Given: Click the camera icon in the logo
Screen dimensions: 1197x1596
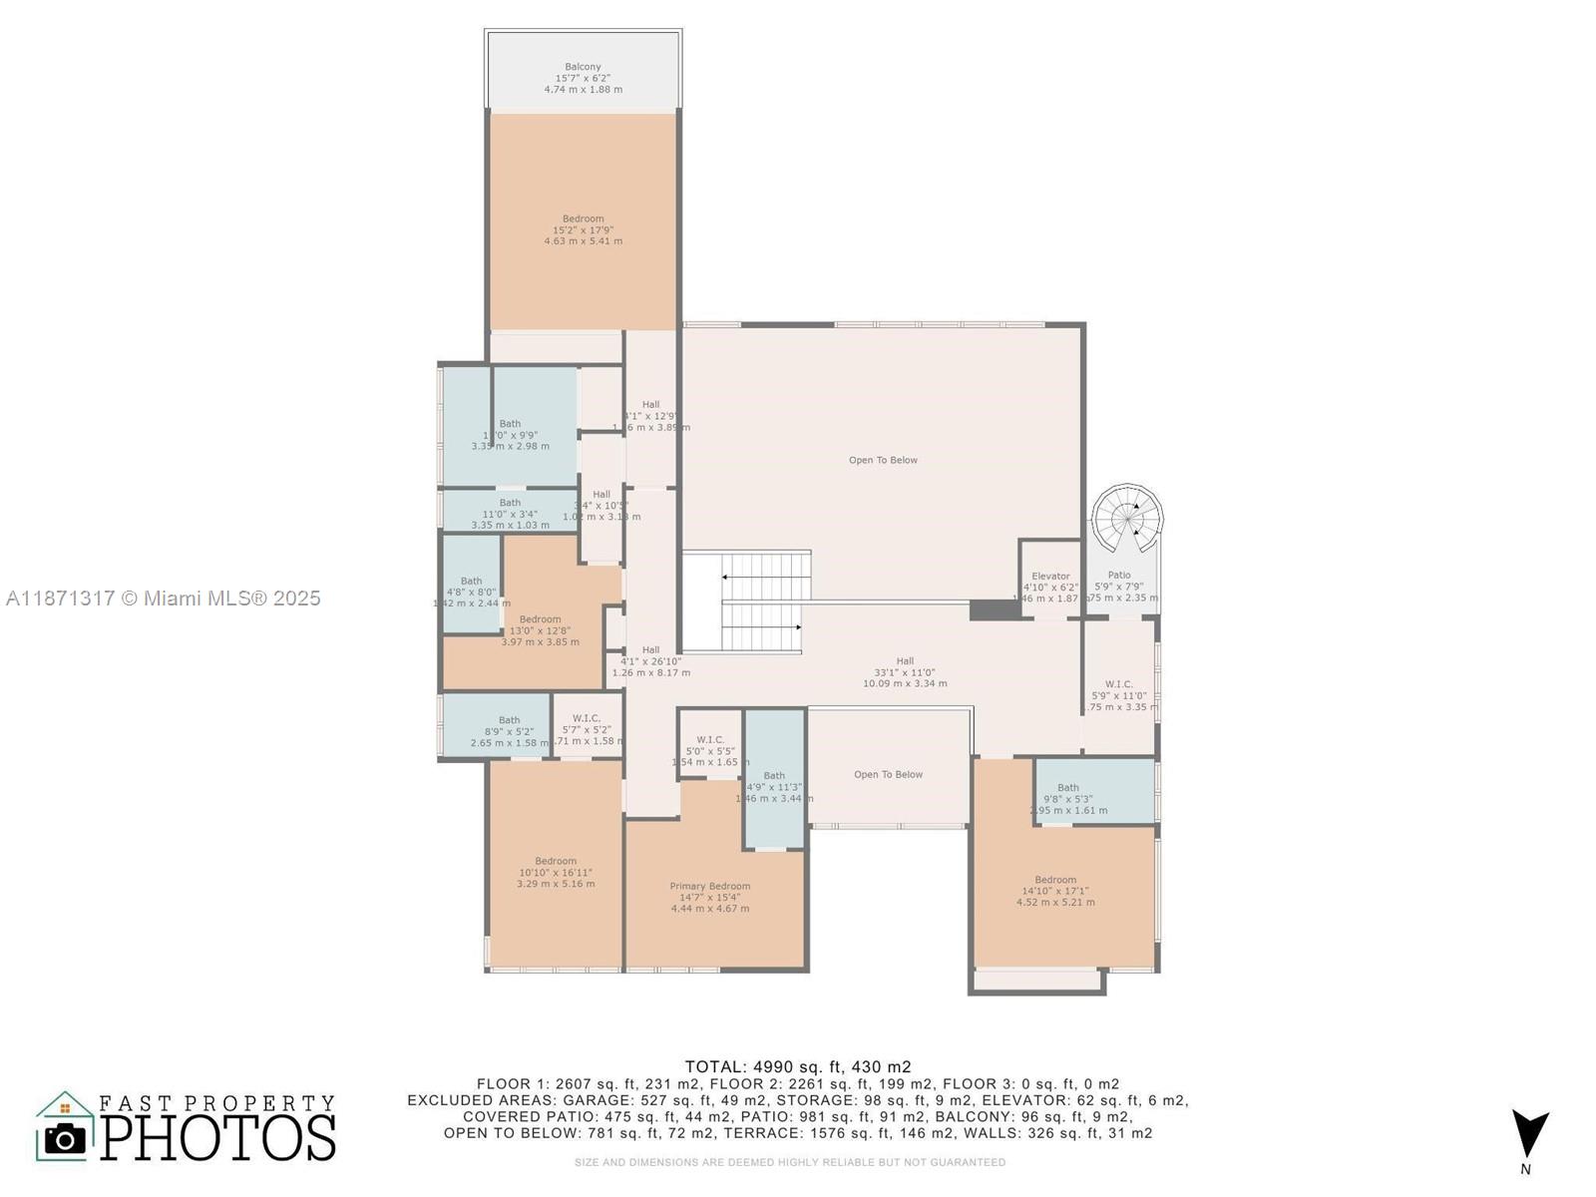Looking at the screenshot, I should [x=66, y=1138].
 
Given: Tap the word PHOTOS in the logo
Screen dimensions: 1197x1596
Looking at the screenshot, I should [x=218, y=1137].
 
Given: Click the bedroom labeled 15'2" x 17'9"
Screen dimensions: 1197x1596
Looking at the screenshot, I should [x=584, y=229].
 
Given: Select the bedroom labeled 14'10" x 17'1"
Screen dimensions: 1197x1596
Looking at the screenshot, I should [x=1055, y=891].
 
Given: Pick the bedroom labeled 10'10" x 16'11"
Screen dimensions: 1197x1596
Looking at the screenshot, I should [x=556, y=872].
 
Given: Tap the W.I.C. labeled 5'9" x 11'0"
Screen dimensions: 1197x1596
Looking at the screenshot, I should [x=1119, y=695].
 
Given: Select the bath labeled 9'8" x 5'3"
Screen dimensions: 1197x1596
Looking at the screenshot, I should [x=1068, y=798].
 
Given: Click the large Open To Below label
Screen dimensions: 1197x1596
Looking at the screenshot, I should [x=883, y=460].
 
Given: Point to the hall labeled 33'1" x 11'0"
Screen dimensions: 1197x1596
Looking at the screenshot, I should [x=905, y=671].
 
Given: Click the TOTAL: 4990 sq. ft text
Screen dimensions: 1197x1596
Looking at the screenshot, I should [x=797, y=1066].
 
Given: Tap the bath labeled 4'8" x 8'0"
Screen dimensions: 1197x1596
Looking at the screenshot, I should [x=471, y=592].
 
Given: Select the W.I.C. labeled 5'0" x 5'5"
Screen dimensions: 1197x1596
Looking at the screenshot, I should [x=710, y=750].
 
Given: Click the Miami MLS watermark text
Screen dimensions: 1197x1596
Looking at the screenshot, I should [x=164, y=598].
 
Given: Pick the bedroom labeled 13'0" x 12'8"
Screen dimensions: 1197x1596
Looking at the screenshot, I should [x=540, y=630].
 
